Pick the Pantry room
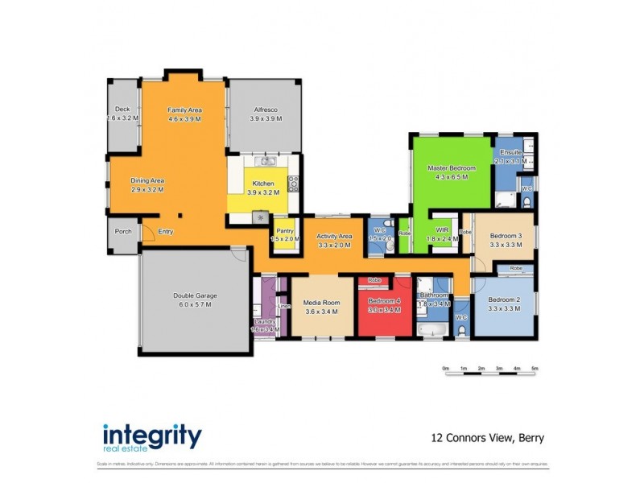point(284,234)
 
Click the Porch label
point(123,232)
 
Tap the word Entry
point(165,232)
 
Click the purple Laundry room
point(265,322)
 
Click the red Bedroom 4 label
point(384,307)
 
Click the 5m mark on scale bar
point(535,369)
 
